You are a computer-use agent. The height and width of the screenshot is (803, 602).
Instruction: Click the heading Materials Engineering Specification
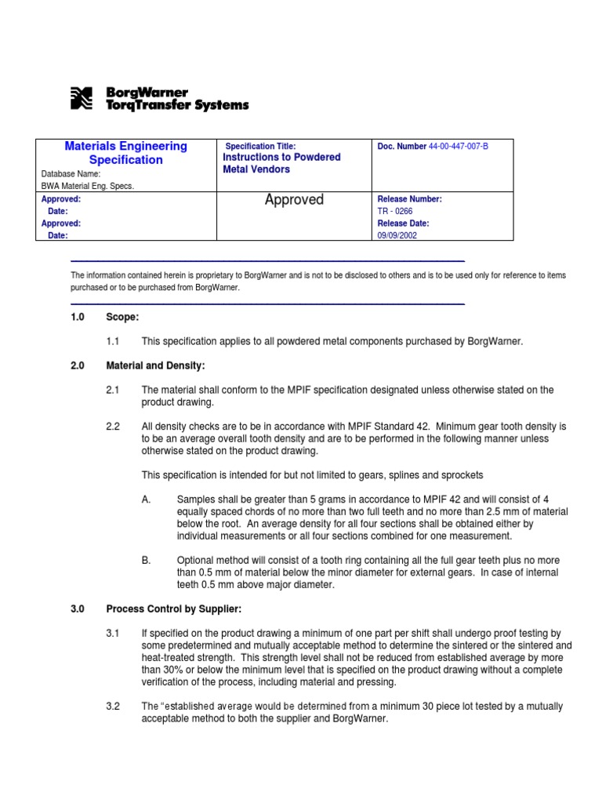coord(125,153)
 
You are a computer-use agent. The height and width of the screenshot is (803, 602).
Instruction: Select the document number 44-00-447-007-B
coord(458,147)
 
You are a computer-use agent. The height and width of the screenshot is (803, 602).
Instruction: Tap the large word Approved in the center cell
coord(294,200)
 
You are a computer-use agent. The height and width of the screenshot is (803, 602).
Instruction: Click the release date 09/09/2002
coord(397,234)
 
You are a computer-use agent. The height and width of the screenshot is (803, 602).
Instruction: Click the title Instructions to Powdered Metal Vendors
coord(281,163)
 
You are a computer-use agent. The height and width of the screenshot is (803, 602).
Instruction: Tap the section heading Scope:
coord(122,317)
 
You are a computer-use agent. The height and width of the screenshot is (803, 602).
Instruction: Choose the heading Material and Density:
coord(156,365)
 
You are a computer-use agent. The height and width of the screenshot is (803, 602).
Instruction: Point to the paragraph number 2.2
coord(112,426)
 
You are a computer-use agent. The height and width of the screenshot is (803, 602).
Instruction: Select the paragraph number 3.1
coord(112,633)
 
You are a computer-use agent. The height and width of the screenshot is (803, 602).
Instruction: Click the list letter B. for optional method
coord(147,560)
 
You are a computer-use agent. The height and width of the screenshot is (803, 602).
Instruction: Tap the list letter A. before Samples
coord(147,500)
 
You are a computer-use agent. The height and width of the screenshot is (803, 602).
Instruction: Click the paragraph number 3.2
coord(112,706)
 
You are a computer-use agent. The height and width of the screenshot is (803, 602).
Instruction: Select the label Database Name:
coord(71,174)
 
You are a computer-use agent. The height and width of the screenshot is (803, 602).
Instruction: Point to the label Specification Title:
coord(260,146)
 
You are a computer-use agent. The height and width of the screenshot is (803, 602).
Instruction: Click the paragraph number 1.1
coord(112,341)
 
